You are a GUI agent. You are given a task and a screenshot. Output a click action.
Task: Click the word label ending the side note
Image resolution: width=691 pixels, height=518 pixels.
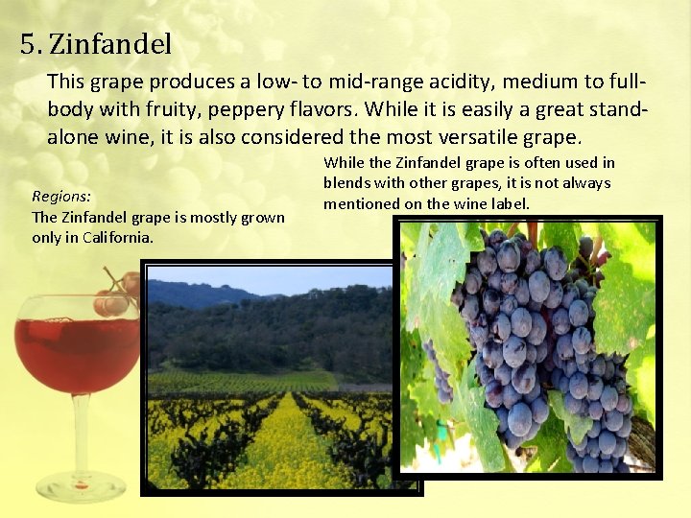click(x=510, y=203)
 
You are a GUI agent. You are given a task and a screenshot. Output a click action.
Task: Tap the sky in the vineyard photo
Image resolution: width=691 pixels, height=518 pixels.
click(x=288, y=278)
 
